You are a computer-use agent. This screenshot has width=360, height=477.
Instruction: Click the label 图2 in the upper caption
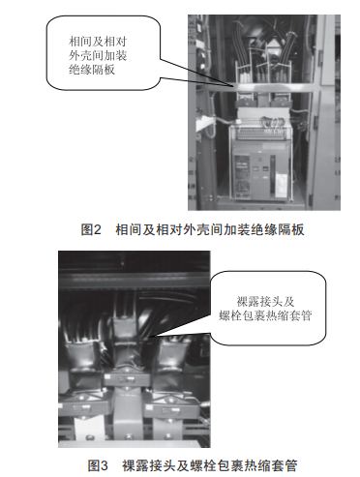click(x=91, y=230)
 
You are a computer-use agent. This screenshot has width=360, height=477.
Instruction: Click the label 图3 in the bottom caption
click(x=98, y=465)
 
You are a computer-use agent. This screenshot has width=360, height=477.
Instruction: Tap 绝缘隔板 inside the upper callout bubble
click(x=92, y=70)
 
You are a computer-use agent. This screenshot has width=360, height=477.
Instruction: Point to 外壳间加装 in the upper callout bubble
click(x=98, y=55)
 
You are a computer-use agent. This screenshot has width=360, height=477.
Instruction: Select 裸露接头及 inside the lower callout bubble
click(x=265, y=302)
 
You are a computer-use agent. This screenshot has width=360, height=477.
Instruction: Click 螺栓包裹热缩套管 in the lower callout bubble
click(x=265, y=315)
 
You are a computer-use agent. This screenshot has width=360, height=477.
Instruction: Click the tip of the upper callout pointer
click(x=233, y=86)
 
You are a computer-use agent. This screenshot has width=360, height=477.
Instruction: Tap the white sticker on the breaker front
click(x=282, y=182)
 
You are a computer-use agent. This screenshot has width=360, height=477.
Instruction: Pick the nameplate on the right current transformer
click(x=169, y=411)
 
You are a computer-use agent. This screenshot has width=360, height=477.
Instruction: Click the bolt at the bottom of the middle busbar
click(x=129, y=437)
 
